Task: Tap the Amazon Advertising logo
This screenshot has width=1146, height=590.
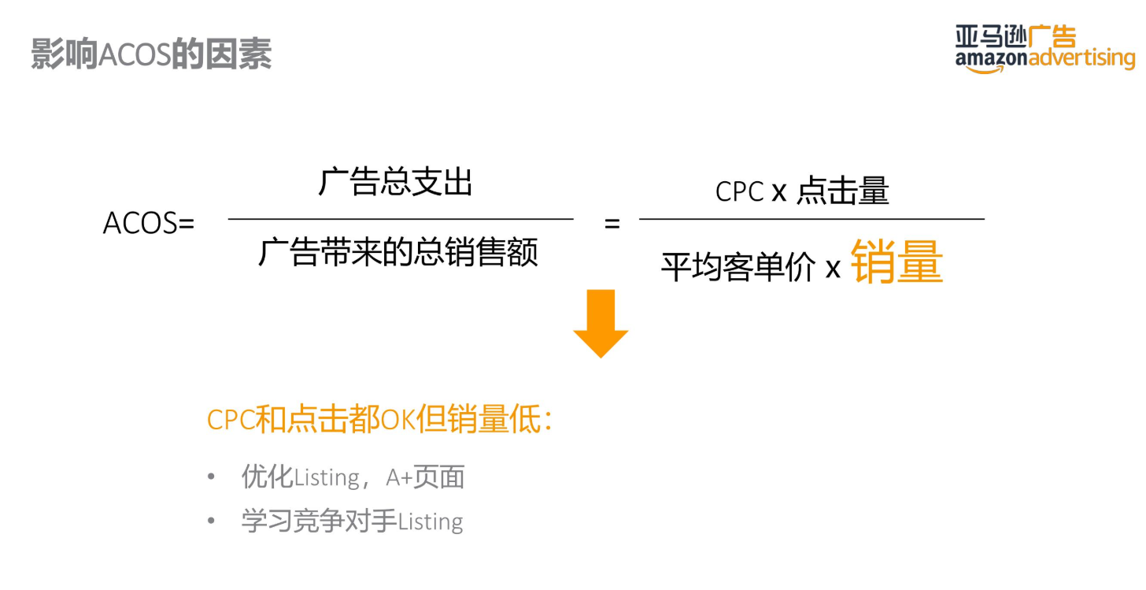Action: (1045, 50)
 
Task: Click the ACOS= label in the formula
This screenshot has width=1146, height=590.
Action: (148, 224)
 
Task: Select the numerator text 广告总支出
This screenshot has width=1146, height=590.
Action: (396, 183)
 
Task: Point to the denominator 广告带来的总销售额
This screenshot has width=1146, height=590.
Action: (398, 253)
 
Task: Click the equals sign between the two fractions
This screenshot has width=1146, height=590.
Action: (612, 224)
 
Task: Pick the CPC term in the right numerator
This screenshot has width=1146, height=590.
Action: (739, 191)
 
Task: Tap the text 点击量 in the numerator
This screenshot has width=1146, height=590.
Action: (843, 191)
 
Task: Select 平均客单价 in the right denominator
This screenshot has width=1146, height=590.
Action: (738, 268)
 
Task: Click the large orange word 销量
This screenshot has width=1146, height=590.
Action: (896, 262)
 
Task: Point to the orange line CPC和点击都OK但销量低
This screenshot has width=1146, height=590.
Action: (379, 420)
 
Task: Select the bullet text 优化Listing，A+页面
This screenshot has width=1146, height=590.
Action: (353, 477)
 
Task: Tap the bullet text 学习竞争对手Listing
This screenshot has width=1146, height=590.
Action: (352, 521)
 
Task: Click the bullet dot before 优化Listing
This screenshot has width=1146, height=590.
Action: (211, 477)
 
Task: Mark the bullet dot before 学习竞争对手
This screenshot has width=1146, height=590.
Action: (211, 521)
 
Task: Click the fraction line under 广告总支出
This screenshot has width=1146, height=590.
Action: (401, 219)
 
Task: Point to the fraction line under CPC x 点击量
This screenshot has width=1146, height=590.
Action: (811, 219)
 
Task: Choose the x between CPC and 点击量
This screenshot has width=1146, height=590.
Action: (779, 192)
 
